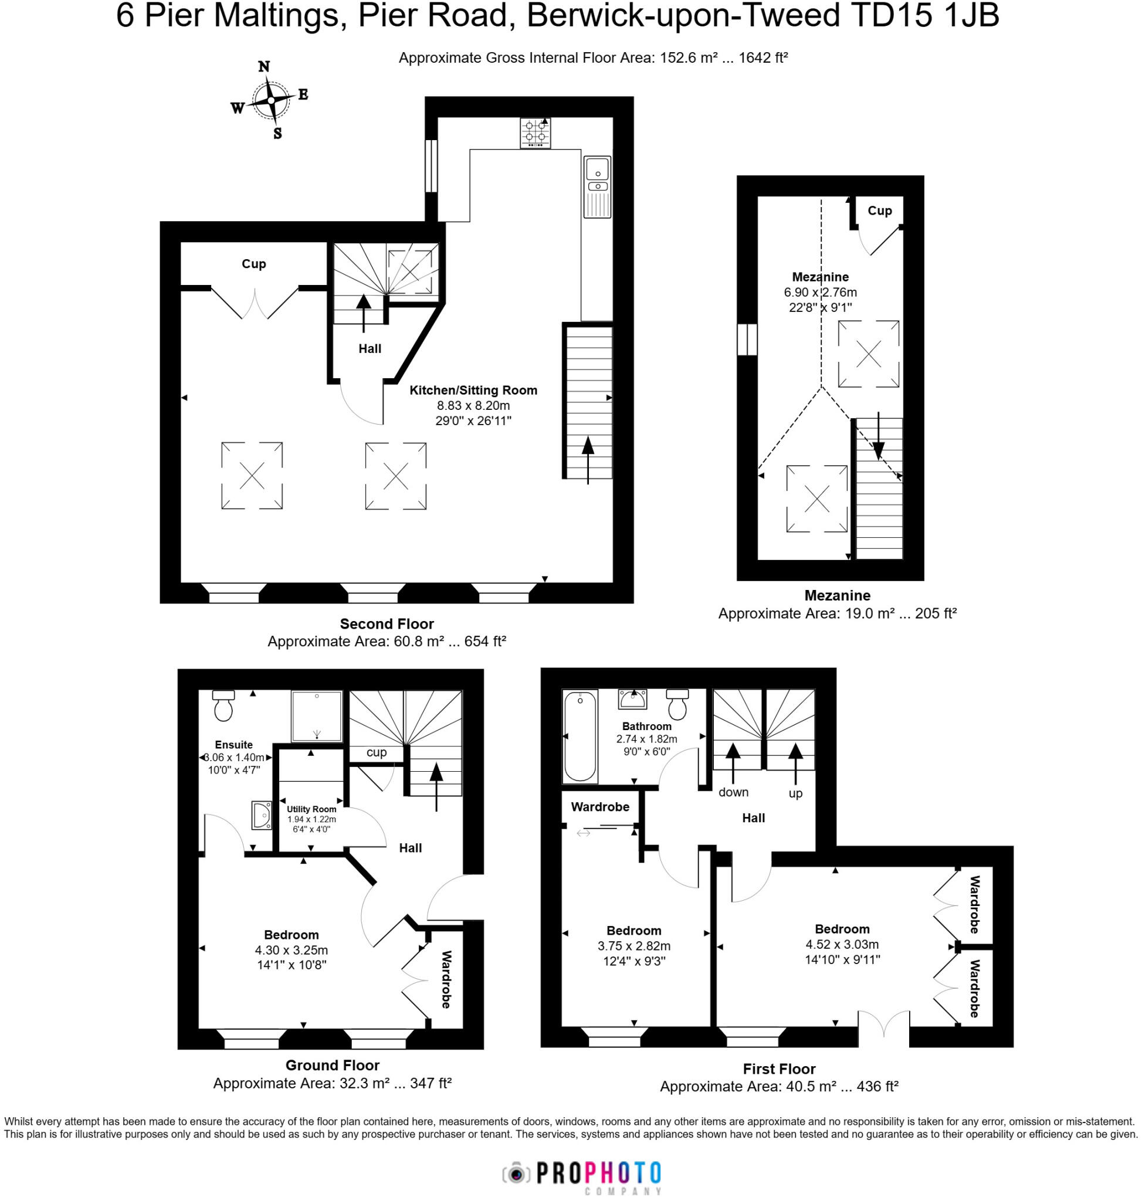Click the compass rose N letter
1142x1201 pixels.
(x=263, y=66)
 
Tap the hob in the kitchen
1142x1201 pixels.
(x=535, y=133)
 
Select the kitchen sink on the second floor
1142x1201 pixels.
(x=597, y=186)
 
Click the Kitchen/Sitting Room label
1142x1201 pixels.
(x=473, y=390)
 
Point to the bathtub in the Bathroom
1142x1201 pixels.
(x=580, y=736)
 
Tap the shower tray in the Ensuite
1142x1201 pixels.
(x=316, y=716)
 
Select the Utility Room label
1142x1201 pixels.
(x=311, y=809)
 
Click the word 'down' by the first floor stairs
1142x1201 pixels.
(x=733, y=792)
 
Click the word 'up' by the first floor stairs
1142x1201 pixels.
(x=795, y=793)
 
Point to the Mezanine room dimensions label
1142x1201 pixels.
(x=820, y=300)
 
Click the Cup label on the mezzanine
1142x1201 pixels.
(x=879, y=211)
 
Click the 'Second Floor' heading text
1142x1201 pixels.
(x=387, y=624)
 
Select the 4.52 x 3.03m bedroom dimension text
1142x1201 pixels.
(x=842, y=944)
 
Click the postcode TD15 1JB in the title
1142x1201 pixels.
(x=924, y=16)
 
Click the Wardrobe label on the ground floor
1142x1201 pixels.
(x=446, y=979)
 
